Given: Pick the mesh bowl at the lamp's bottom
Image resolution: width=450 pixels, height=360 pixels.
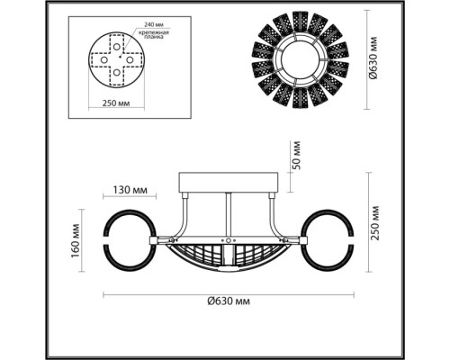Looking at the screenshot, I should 229,256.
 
